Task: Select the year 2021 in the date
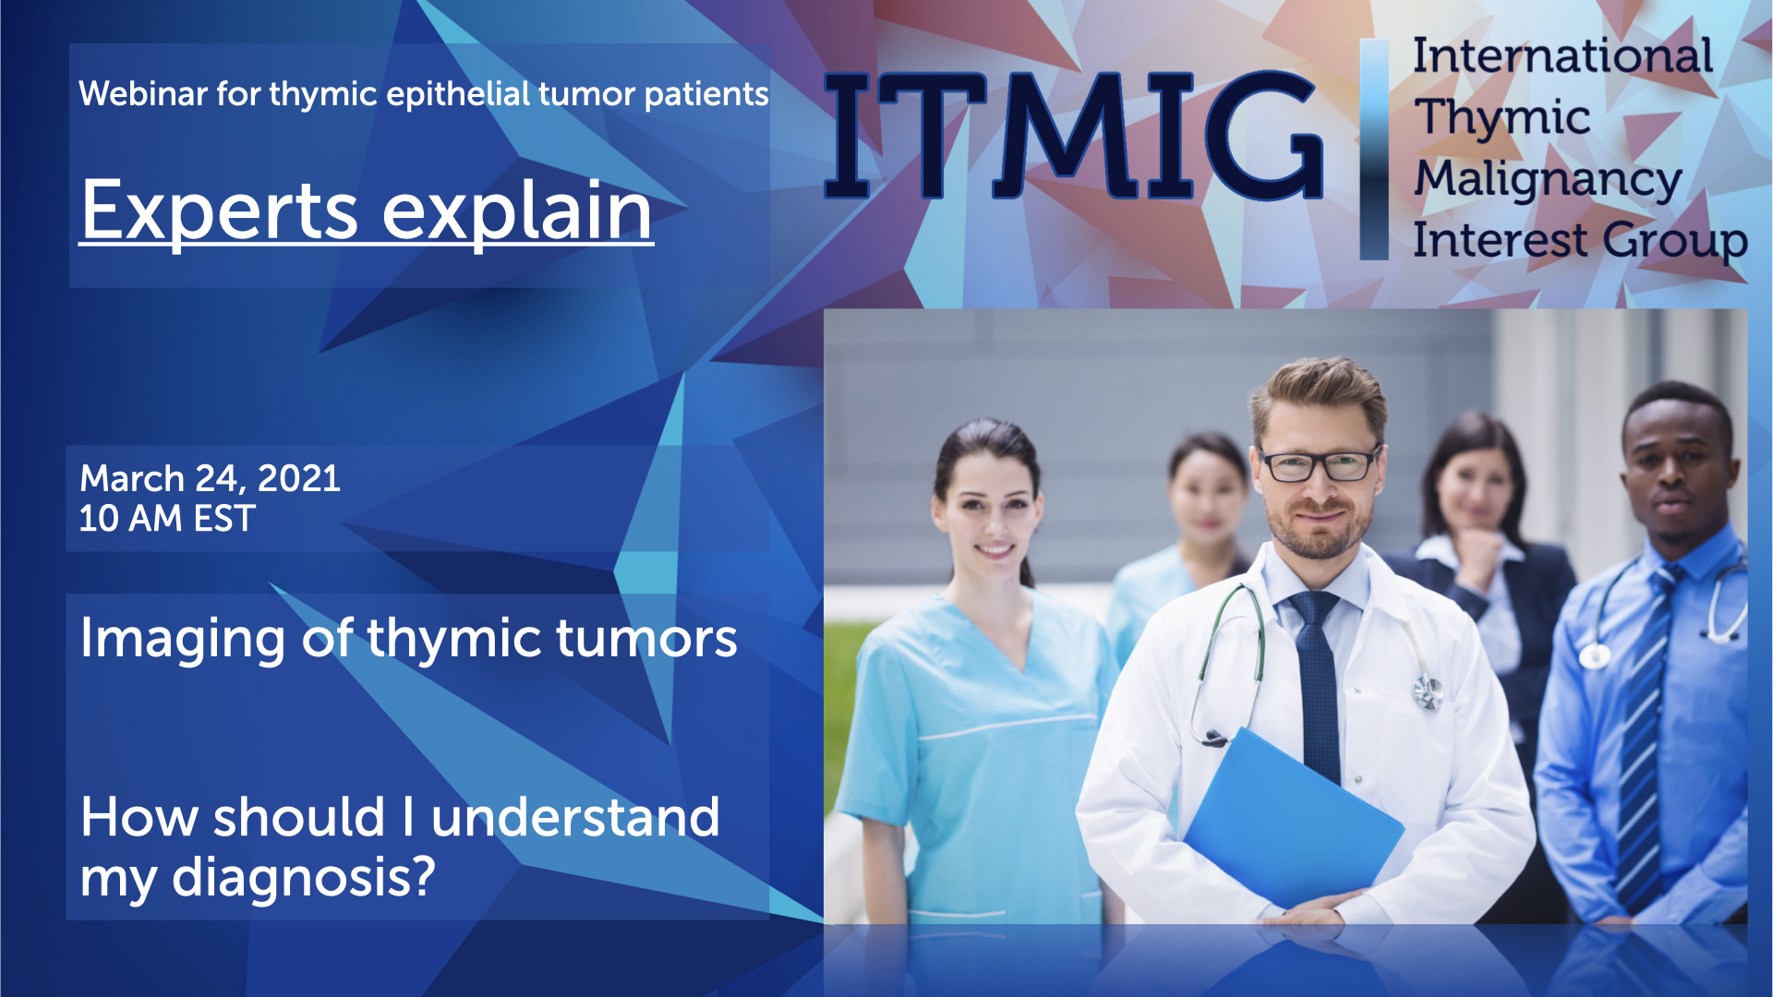click(298, 478)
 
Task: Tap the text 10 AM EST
click(167, 519)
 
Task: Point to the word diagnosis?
click(303, 877)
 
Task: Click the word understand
click(574, 818)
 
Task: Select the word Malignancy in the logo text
click(1548, 179)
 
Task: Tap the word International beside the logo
click(1562, 56)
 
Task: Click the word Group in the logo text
click(1675, 241)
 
